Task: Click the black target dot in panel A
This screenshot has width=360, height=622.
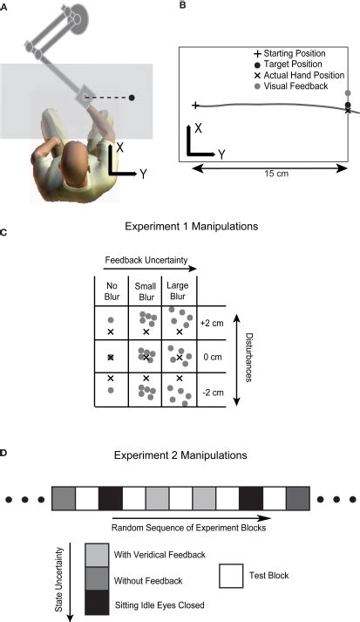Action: [132, 97]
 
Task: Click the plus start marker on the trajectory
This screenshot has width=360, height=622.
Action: [195, 105]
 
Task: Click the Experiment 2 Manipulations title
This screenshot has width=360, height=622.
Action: [180, 455]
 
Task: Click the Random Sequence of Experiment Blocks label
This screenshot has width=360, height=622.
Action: [188, 528]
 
